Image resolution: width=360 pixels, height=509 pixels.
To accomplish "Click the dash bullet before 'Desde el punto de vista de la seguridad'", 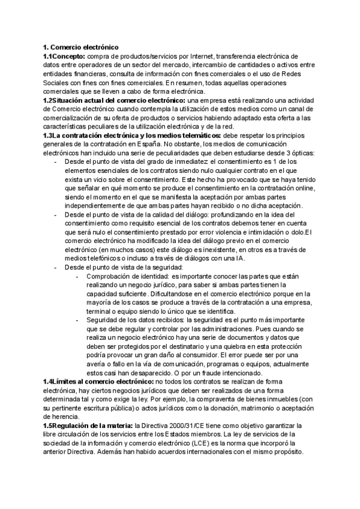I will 56,267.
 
